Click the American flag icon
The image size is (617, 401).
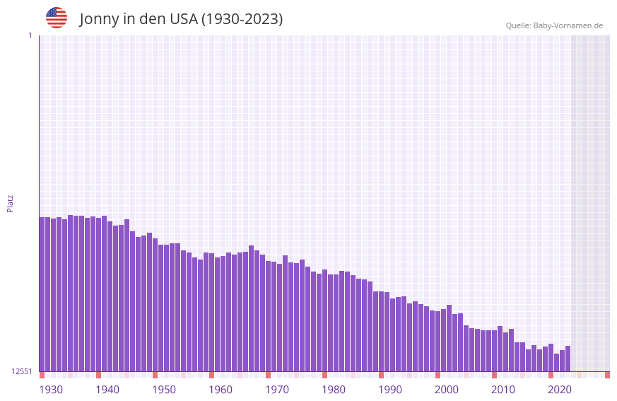[57, 18]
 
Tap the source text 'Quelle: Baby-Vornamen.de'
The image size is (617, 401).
[554, 25]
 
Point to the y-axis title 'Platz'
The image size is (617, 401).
[10, 203]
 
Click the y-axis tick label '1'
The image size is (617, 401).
[30, 35]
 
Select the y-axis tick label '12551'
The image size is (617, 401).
[21, 371]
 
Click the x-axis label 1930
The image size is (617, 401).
[51, 390]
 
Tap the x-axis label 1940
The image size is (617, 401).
[107, 390]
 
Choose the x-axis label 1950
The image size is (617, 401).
[164, 390]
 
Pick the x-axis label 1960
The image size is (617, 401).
[221, 390]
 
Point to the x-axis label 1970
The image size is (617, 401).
[277, 390]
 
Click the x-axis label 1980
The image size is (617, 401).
[334, 390]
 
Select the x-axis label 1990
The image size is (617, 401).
[390, 390]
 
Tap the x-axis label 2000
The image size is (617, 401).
[447, 390]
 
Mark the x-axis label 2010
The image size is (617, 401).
[503, 390]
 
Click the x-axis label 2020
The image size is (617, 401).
[560, 390]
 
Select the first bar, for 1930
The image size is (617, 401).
[42, 294]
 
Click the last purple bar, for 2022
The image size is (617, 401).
[568, 359]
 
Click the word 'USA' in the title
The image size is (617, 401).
[183, 19]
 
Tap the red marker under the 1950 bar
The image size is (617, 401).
[155, 375]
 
